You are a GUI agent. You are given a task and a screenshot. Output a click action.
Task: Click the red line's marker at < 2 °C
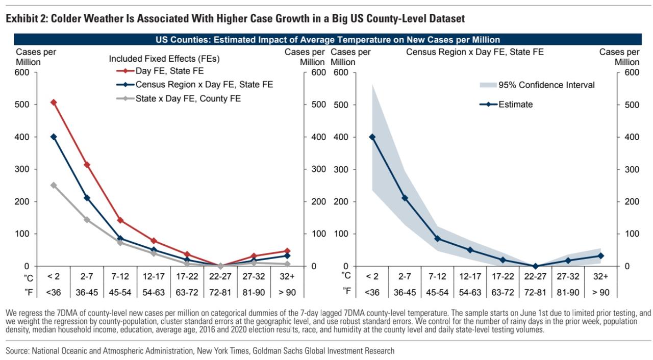[x=54, y=102]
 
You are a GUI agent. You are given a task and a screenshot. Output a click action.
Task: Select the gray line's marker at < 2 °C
[x=54, y=185]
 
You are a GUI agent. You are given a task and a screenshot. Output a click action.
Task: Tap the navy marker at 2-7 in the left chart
[x=87, y=198]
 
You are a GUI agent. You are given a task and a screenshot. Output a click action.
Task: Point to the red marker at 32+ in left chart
[x=287, y=251]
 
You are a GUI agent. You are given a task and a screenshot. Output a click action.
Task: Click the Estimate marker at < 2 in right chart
[x=372, y=137]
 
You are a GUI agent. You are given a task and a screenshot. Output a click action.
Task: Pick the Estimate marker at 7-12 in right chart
[x=437, y=239]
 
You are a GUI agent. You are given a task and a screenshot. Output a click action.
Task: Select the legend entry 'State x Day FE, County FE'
[x=188, y=98]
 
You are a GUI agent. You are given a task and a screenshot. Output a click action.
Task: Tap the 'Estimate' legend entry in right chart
[x=515, y=105]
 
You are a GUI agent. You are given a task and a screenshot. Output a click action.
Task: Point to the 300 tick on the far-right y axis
[x=631, y=169]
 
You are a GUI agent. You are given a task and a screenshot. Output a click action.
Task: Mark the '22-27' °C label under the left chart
[x=220, y=276]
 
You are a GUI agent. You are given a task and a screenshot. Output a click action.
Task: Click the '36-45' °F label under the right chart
[x=404, y=292]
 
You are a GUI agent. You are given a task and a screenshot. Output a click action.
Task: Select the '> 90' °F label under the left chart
[x=287, y=292]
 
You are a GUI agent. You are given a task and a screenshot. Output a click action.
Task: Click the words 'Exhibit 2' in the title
[x=26, y=19]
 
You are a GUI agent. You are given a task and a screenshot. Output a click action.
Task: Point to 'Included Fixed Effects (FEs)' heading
[x=164, y=59]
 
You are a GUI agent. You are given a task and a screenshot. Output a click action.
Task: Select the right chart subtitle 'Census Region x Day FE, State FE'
[x=474, y=52]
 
